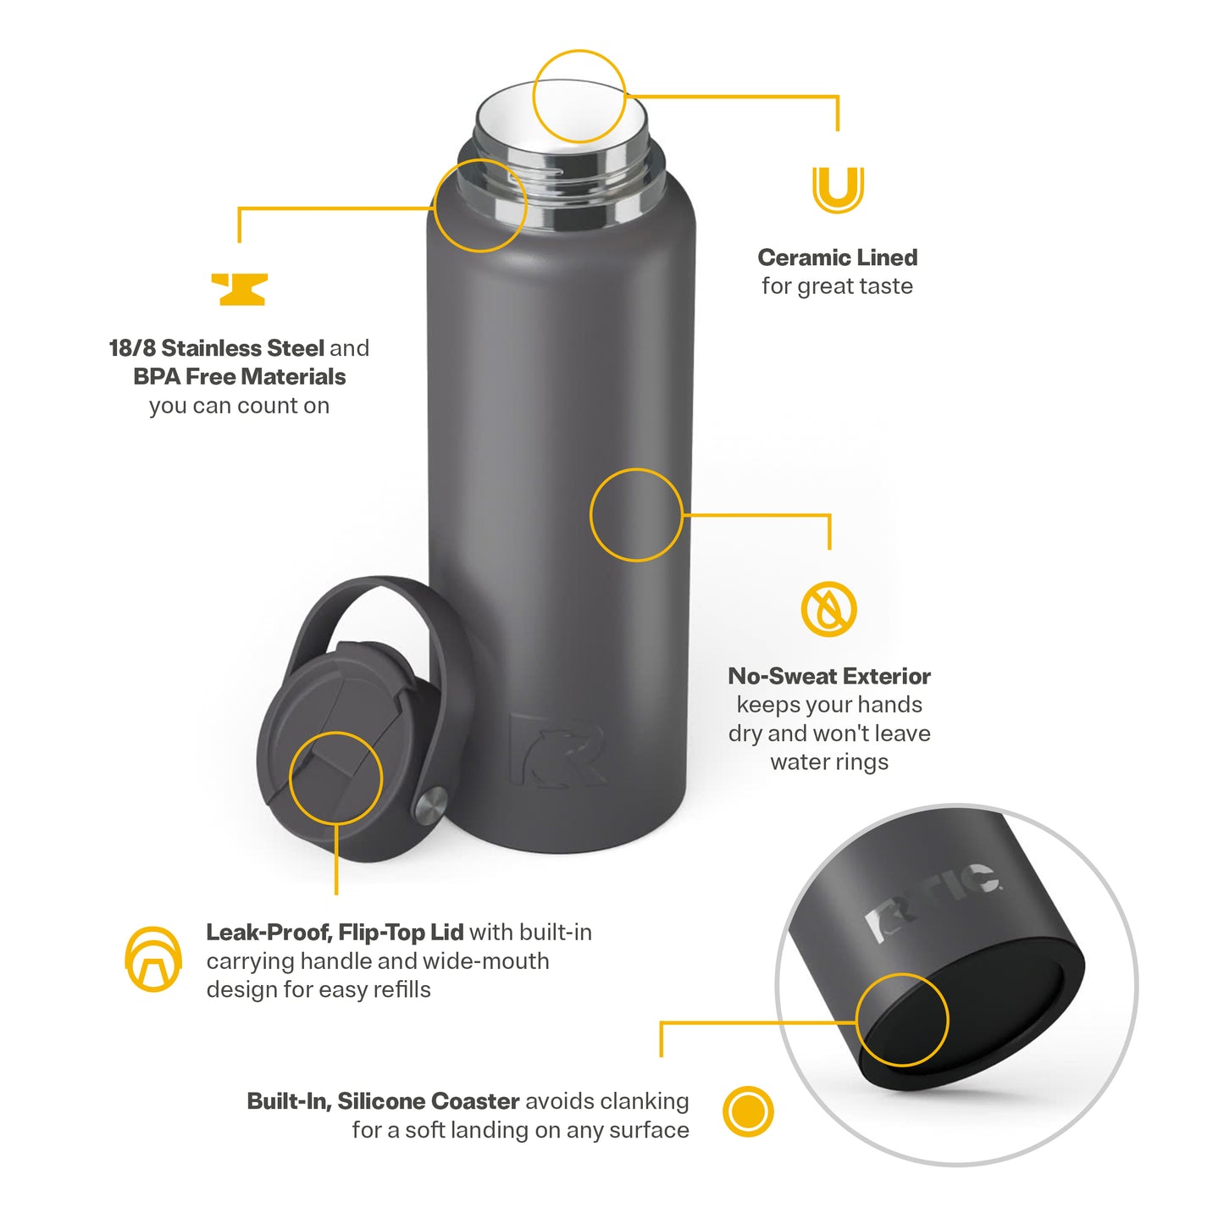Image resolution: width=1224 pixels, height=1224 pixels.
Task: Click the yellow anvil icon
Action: pyautogui.click(x=239, y=289)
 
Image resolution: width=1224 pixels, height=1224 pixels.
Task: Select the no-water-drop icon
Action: pyautogui.click(x=828, y=608)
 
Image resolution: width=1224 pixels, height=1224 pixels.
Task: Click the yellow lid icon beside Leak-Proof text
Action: pyautogui.click(x=153, y=959)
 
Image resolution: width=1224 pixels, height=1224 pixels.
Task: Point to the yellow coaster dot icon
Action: pyautogui.click(x=748, y=1111)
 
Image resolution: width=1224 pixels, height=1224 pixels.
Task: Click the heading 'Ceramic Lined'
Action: pyautogui.click(x=837, y=258)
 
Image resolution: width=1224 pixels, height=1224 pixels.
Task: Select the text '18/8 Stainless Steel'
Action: pyautogui.click(x=217, y=348)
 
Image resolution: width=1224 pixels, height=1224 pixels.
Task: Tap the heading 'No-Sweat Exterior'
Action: pyautogui.click(x=829, y=676)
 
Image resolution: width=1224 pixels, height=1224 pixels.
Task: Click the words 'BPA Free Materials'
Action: pyautogui.click(x=240, y=377)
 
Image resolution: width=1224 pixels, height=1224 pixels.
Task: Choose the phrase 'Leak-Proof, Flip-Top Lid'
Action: pyautogui.click(x=335, y=932)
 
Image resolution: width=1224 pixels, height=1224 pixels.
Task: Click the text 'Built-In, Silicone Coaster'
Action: pyautogui.click(x=383, y=1101)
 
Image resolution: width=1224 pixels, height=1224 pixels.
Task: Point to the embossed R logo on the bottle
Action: pyautogui.click(x=557, y=750)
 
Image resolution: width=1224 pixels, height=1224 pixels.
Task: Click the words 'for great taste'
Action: pyautogui.click(x=837, y=285)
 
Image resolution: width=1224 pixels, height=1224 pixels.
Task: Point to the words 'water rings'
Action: pyautogui.click(x=829, y=762)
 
